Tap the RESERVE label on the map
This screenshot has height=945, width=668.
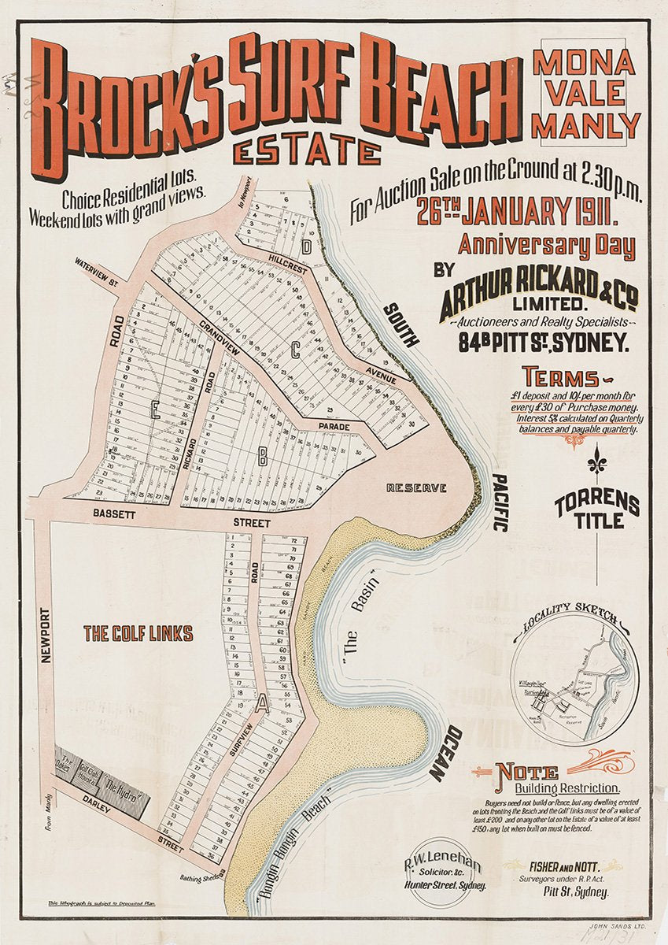(416, 488)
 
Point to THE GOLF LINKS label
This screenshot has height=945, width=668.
(138, 633)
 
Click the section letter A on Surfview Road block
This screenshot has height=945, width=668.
(262, 706)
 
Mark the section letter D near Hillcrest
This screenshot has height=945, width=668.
(306, 245)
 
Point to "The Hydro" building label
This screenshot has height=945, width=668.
(123, 785)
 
